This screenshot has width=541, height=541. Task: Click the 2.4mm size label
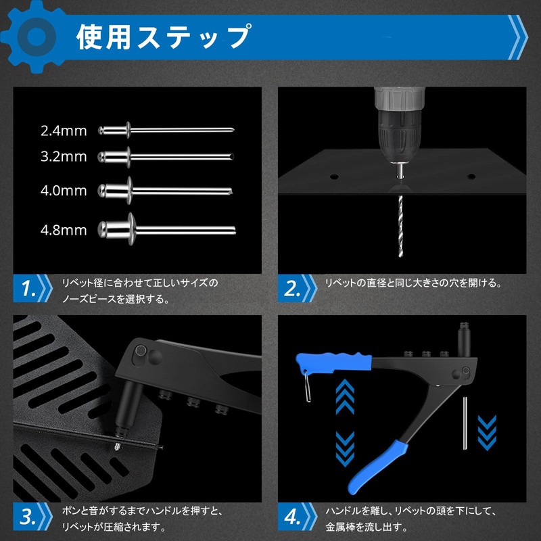(63, 130)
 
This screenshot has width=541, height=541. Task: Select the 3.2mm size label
(63, 157)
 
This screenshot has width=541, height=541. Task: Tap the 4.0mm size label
(63, 191)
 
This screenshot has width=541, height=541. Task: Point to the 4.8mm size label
(63, 230)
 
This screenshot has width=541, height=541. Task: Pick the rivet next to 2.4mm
(166, 129)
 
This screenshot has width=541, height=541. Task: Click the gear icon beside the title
(34, 35)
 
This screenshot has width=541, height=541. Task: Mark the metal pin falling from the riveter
(465, 422)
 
